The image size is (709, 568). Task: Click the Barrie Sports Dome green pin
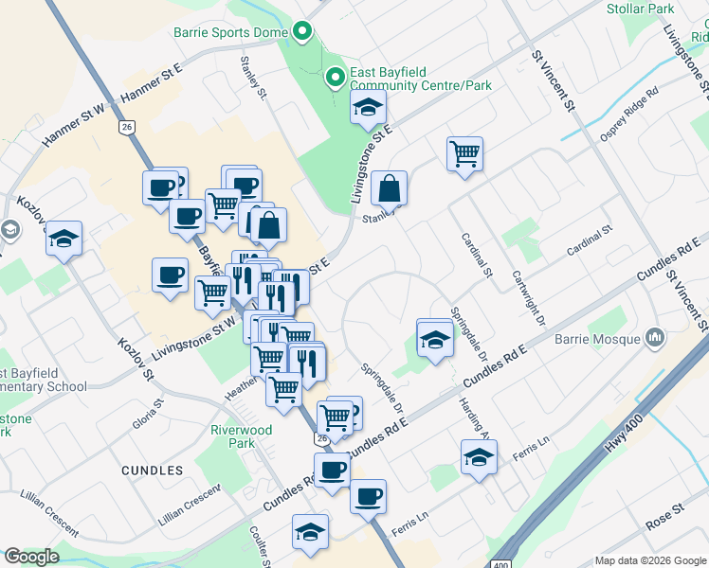[302, 32]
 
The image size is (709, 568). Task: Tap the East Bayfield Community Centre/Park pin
[335, 79]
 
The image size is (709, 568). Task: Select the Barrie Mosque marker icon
[654, 337]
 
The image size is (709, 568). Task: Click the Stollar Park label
[640, 9]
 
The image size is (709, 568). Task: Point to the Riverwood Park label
[241, 436]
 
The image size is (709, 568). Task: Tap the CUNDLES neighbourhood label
[152, 470]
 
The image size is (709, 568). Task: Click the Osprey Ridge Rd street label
[629, 117]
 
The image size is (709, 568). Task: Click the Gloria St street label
[149, 414]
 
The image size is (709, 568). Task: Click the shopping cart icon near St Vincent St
[464, 153]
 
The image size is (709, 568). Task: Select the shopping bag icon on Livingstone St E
[390, 187]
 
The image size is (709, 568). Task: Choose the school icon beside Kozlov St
[64, 238]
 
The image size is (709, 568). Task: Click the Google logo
[32, 557]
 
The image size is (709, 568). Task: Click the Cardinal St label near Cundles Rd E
[591, 242]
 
